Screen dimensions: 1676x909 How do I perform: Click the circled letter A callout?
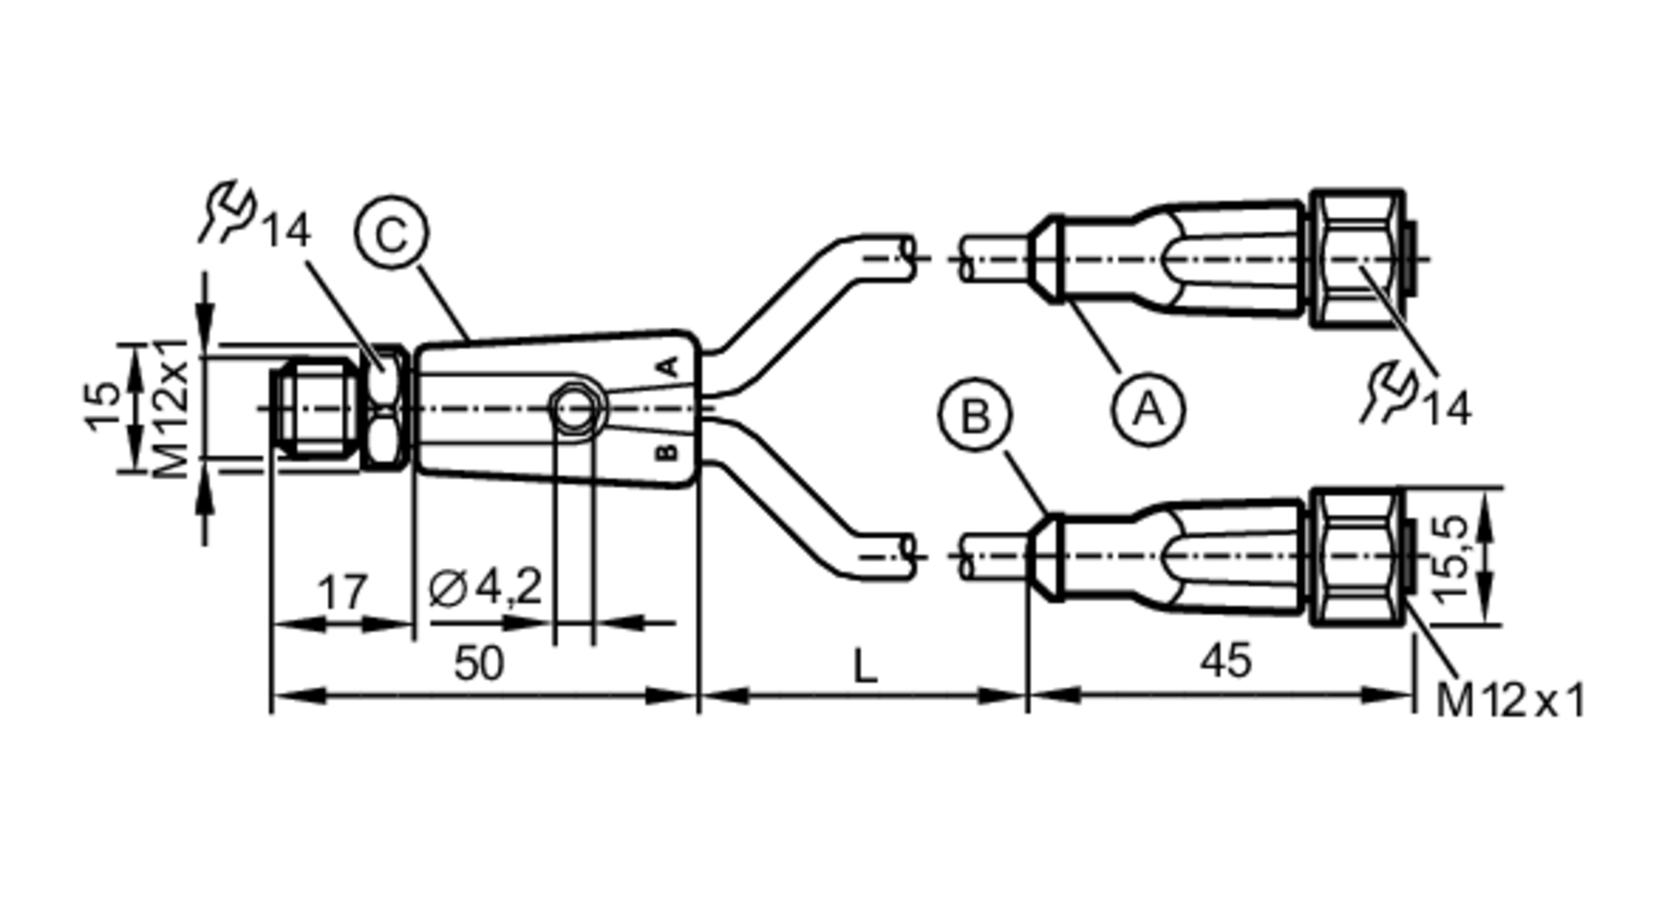(1148, 410)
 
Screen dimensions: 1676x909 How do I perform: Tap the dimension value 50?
(478, 664)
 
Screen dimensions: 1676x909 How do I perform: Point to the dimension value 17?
(343, 592)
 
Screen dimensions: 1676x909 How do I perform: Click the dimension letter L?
(864, 667)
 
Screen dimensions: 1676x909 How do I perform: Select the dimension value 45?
(1226, 661)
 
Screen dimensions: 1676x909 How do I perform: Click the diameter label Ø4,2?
(485, 587)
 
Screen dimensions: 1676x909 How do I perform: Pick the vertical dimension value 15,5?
(1451, 558)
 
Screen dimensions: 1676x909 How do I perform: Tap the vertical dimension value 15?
(105, 406)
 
